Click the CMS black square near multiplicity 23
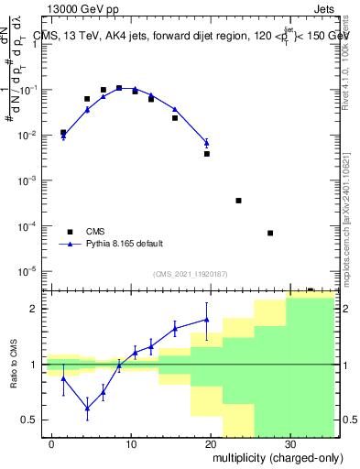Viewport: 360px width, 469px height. pyautogui.click(x=238, y=201)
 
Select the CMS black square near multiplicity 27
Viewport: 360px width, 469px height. pyautogui.click(x=270, y=233)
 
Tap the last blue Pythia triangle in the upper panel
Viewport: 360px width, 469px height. pyautogui.click(x=207, y=143)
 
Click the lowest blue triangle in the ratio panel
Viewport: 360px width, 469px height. pyautogui.click(x=87, y=408)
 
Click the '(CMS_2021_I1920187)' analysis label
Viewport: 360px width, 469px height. pyautogui.click(x=189, y=274)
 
